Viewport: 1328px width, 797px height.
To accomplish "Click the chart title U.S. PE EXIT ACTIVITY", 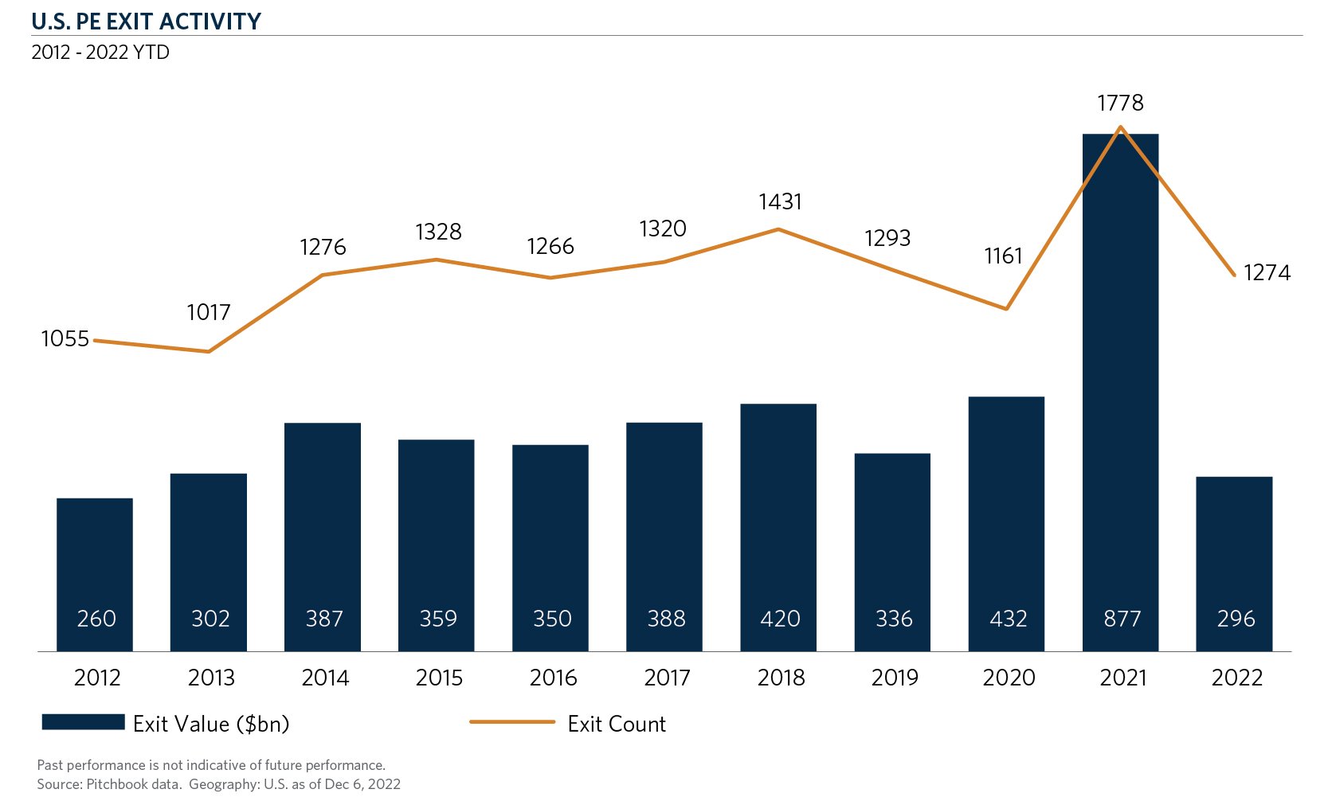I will pyautogui.click(x=147, y=21).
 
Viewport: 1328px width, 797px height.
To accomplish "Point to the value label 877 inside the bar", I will pyautogui.click(x=1122, y=619).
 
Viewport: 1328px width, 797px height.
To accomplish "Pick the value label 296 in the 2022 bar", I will pyautogui.click(x=1236, y=619).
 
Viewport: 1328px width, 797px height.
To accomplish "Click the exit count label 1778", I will pyautogui.click(x=1120, y=103).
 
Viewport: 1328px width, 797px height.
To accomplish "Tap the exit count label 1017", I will pyautogui.click(x=209, y=312).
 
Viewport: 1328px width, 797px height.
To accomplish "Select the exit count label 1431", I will pyautogui.click(x=780, y=202).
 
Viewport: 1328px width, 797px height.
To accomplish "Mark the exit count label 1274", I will pyautogui.click(x=1267, y=273).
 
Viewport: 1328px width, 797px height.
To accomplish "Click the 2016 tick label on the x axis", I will pyautogui.click(x=553, y=678).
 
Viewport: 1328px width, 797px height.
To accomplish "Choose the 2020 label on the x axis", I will pyautogui.click(x=1009, y=678).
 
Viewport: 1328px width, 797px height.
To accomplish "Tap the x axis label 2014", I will pyautogui.click(x=325, y=678).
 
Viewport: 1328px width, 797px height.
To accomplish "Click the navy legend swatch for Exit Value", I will pyautogui.click(x=83, y=722).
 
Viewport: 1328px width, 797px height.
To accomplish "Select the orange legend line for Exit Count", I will pyautogui.click(x=511, y=722).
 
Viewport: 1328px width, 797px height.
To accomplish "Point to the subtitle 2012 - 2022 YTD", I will pyautogui.click(x=100, y=53).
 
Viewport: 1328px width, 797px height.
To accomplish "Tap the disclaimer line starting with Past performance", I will pyautogui.click(x=211, y=765).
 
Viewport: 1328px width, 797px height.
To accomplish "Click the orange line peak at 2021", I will pyautogui.click(x=1121, y=127).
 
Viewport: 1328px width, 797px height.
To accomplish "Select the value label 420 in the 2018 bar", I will pyautogui.click(x=780, y=619).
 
